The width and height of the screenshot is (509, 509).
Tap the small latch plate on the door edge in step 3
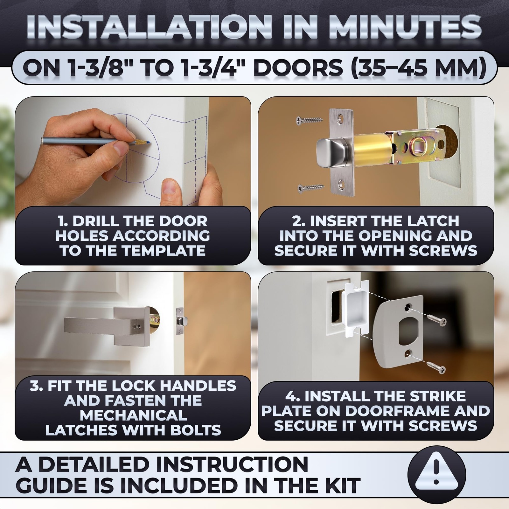[x=181, y=321]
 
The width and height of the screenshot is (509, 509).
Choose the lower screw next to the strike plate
[x=436, y=367]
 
